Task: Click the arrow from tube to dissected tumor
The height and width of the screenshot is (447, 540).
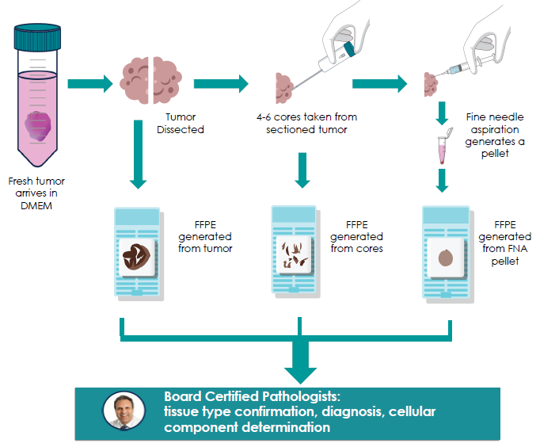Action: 89,82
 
